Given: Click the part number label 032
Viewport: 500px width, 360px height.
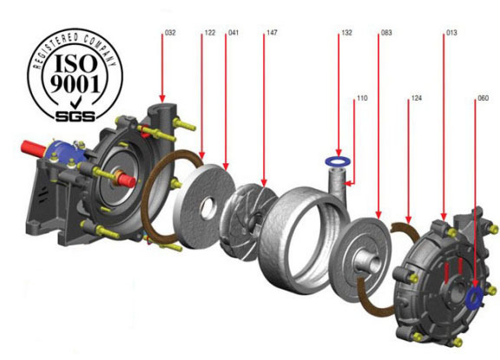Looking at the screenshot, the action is (x=170, y=32).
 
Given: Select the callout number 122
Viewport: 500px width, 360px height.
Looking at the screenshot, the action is (x=210, y=32).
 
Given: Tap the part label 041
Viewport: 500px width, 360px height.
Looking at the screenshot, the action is (x=234, y=32).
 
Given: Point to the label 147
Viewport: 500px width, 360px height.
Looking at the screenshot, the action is (x=272, y=32).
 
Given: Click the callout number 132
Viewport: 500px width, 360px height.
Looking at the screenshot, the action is (x=346, y=32).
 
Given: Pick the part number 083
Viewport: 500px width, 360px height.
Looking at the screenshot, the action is (x=386, y=32).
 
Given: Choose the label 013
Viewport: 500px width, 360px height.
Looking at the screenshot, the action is (x=451, y=32).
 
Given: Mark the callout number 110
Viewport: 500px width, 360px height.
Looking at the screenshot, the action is (x=362, y=98).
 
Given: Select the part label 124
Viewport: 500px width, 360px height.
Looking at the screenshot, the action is (x=417, y=98).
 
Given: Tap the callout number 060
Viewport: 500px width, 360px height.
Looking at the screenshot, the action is (x=484, y=98).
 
